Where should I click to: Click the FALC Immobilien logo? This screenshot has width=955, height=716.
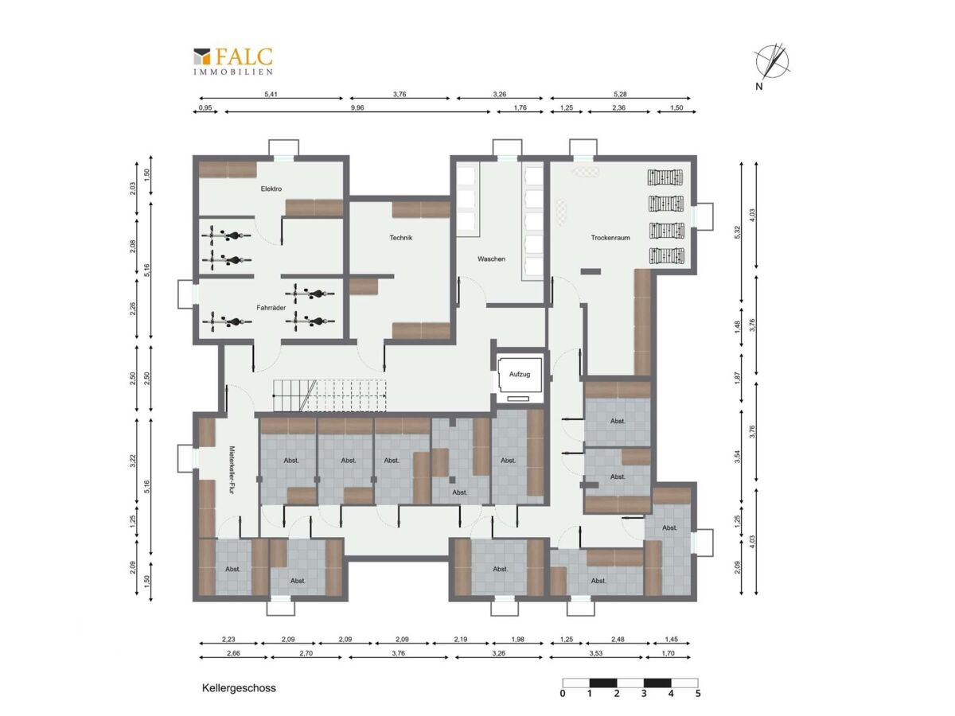233,61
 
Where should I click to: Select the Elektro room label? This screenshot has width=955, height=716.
271,189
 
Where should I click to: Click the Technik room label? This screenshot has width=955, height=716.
401,238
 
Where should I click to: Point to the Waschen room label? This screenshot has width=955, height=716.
491,259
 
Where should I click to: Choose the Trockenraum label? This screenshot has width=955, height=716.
610,238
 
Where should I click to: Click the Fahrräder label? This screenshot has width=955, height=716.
271,308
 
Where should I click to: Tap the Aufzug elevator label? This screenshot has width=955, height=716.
520,374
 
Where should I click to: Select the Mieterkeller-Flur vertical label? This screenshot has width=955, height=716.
232,470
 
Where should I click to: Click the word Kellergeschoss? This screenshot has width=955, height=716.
239,688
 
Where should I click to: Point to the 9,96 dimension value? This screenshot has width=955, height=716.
357,108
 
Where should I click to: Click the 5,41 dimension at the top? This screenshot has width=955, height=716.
271,94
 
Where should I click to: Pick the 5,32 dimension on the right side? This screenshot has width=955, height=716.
737,232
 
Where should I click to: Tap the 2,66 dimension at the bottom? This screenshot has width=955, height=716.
234,653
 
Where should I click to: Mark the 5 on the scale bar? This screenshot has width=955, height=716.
698,693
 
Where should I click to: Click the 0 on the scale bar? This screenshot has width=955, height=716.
563,693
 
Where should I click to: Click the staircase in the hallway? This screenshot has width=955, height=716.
329,395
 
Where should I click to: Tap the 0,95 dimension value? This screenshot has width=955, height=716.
205,108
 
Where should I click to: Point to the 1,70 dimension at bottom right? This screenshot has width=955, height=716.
668,653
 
